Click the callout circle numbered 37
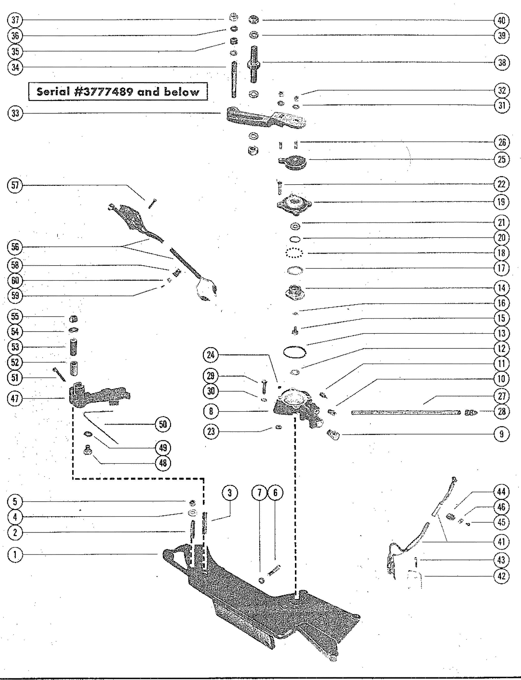[x=15, y=21]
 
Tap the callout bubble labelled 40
[x=501, y=21]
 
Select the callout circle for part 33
[x=15, y=113]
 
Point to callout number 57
[x=15, y=185]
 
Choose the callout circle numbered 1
[x=15, y=555]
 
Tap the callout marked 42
[x=501, y=576]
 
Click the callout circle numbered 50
[x=163, y=424]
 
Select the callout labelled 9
[x=501, y=434]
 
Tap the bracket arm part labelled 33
[x=264, y=117]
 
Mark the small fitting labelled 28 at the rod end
[x=471, y=412]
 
